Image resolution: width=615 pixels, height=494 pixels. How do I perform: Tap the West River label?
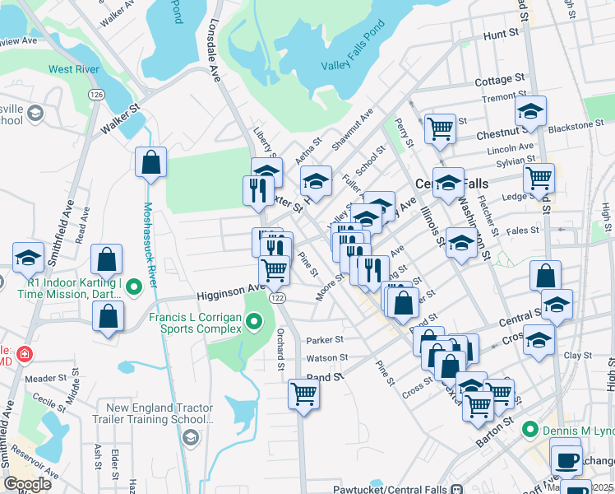75,69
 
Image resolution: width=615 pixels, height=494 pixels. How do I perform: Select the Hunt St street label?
503,35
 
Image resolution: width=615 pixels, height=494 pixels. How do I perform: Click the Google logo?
27,484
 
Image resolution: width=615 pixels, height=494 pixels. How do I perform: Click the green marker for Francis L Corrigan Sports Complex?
255,322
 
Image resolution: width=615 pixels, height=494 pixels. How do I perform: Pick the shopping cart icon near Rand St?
303,394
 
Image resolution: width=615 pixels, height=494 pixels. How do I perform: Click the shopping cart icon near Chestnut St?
441,128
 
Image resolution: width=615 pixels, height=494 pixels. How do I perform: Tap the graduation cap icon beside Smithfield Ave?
28,257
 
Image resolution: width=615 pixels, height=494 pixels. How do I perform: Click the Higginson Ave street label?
227,293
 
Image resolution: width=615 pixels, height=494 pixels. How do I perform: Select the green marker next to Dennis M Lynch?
530,429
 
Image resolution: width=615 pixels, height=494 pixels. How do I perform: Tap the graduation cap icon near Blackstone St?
531,110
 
